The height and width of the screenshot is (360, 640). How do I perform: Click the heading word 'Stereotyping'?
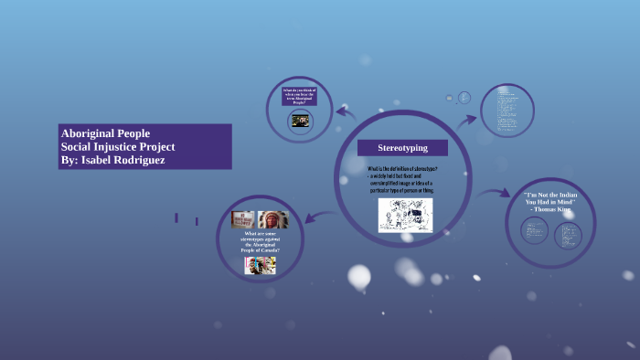click(402, 147)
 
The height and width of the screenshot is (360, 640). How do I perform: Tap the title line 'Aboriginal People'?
click(104, 132)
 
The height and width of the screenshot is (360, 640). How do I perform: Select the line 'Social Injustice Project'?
click(117, 146)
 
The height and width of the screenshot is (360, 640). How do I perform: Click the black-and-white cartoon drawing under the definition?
click(405, 215)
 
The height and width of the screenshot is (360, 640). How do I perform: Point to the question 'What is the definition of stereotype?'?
click(402, 169)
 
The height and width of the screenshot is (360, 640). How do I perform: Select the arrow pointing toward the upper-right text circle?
click(467, 118)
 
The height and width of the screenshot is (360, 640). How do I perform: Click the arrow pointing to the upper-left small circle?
click(344, 112)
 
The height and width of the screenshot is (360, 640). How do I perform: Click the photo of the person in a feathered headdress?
click(272, 220)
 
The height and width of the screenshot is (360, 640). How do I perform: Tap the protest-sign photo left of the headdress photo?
click(243, 219)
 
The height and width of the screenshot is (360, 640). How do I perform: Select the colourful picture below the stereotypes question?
click(260, 264)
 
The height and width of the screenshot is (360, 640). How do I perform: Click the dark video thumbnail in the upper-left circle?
click(300, 120)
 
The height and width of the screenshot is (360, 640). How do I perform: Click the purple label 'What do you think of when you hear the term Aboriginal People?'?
click(299, 96)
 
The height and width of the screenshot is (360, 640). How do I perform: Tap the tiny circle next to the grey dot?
click(464, 97)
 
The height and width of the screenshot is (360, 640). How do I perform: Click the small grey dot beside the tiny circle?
click(449, 97)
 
